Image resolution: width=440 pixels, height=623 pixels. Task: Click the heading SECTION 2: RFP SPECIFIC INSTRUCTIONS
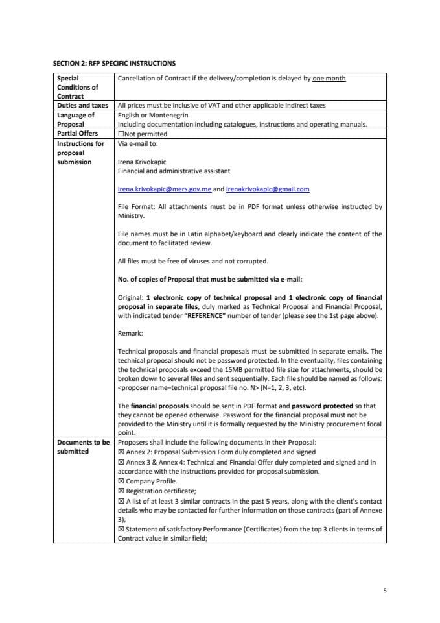[113, 64]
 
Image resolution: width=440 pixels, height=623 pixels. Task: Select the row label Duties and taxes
[82, 105]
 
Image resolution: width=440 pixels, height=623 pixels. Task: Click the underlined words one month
[329, 79]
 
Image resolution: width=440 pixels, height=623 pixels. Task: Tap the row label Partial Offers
[78, 134]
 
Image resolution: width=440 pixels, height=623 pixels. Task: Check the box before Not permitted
[121, 134]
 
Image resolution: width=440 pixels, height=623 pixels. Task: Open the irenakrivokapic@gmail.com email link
[268, 189]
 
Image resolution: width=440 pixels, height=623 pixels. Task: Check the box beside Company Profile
[121, 482]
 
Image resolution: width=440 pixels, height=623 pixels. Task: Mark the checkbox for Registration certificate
[121, 491]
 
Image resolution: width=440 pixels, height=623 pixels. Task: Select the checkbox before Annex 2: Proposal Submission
[121, 452]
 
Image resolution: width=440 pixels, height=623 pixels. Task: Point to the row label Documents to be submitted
[83, 447]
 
